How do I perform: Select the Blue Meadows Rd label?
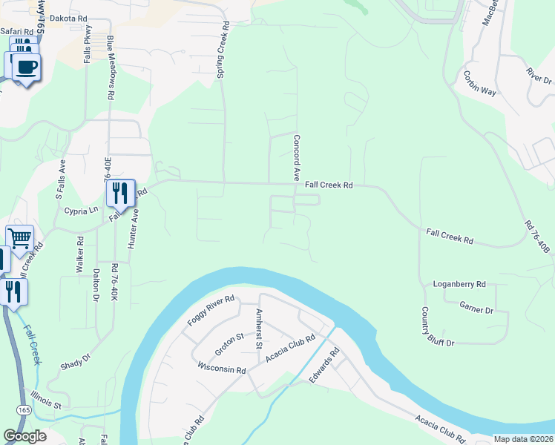pos(111,67)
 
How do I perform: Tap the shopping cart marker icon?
pos(20,239)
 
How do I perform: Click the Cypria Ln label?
pos(82,210)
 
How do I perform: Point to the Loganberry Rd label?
pos(459,284)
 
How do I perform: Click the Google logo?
pos(24,437)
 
